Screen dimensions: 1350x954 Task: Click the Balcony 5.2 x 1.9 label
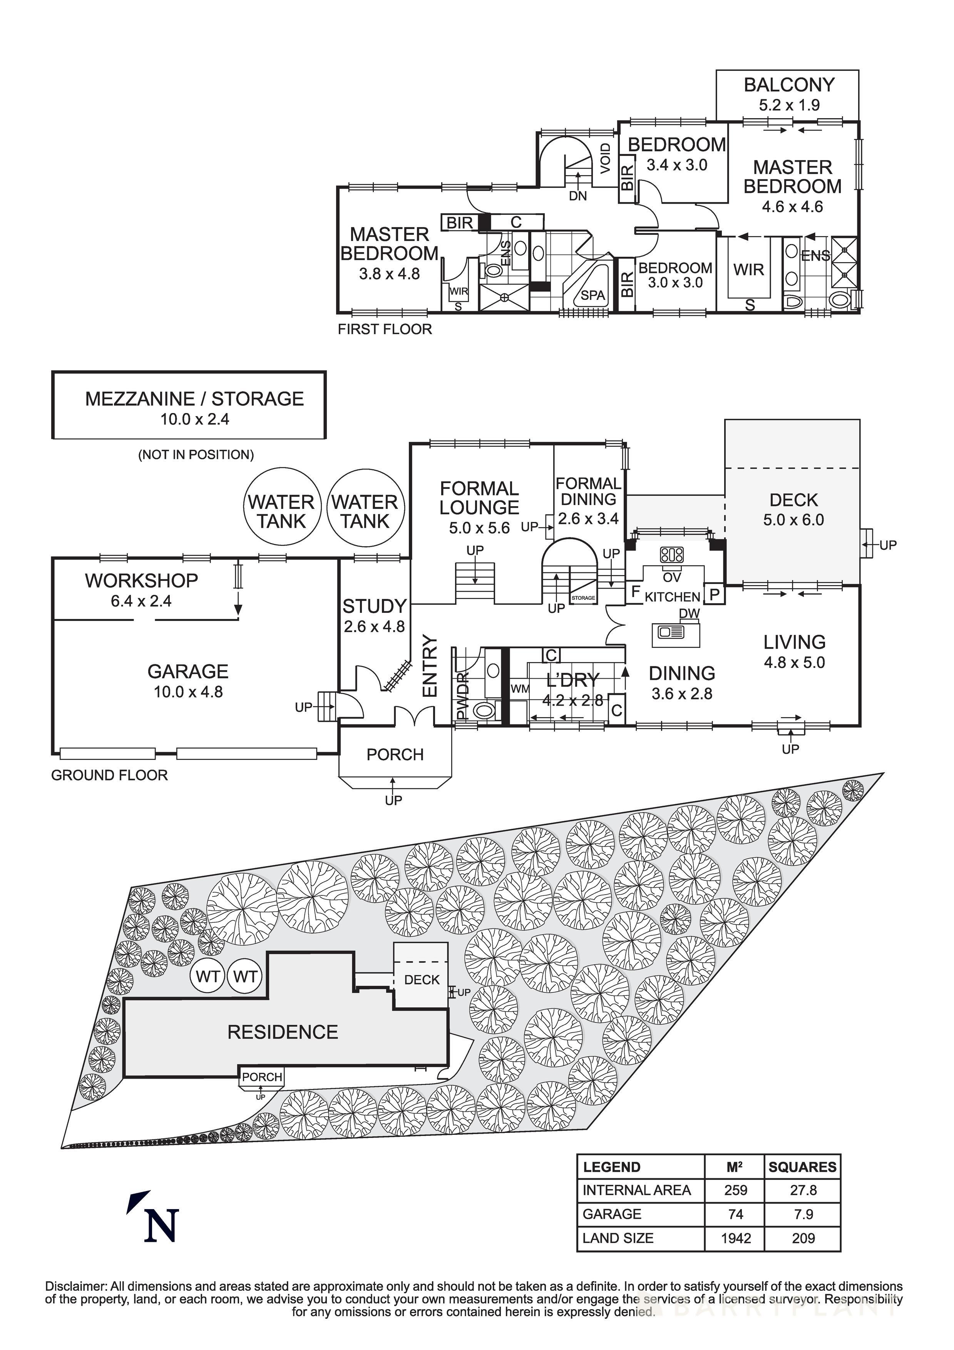[x=789, y=94]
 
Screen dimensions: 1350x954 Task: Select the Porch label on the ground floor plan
[x=395, y=754]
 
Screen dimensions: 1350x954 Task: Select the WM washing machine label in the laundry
[x=519, y=689]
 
